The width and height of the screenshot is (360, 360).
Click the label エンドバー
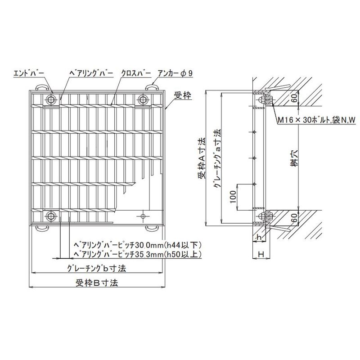(29, 73)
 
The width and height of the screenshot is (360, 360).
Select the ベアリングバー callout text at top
(91, 73)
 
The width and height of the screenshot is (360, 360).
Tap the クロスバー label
(136, 73)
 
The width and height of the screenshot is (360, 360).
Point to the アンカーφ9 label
(175, 73)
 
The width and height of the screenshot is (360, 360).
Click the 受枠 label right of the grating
(183, 95)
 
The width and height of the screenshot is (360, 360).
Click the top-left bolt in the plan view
(51, 100)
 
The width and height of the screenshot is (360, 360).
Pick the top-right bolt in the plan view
(143, 100)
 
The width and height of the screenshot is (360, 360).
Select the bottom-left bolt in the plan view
(51, 216)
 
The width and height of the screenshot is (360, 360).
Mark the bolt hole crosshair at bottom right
(143, 216)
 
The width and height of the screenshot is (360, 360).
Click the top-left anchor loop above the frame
(41, 87)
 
